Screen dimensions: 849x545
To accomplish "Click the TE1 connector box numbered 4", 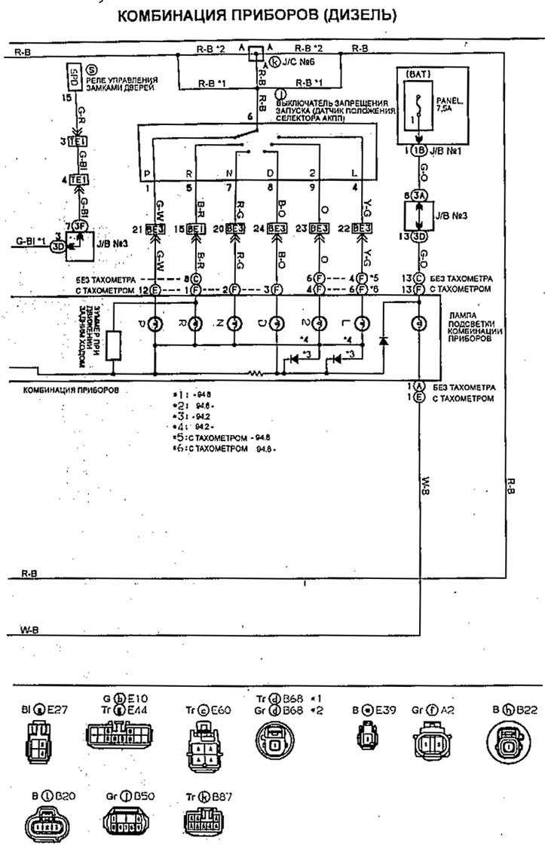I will (76, 180).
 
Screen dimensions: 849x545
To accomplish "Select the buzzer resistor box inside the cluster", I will (112, 344).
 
